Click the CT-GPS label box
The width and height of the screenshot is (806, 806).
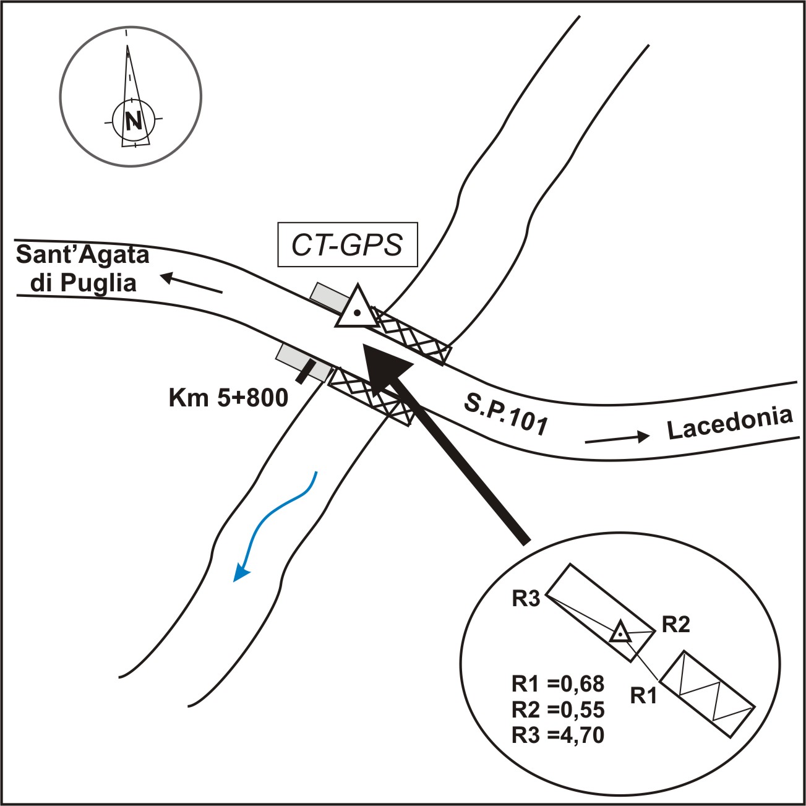point(348,245)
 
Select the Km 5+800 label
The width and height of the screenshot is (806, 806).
point(228,398)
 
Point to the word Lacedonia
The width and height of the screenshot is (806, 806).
point(730,423)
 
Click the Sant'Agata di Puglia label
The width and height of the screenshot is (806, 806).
point(84,268)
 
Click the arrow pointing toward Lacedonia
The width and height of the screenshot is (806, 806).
point(617,438)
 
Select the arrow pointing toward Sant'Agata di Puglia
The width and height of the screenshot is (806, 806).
point(191,285)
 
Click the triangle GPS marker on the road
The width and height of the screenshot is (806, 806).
point(356,309)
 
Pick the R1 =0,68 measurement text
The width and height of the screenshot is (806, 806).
point(558,684)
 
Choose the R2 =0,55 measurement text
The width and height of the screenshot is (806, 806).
point(558,709)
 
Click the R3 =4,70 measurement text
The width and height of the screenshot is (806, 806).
point(558,735)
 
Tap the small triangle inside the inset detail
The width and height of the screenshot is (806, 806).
point(620,633)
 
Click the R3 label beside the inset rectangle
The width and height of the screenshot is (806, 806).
point(526,599)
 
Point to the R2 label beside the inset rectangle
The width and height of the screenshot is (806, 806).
point(675,625)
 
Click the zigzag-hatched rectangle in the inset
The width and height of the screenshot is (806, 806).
point(708,693)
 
